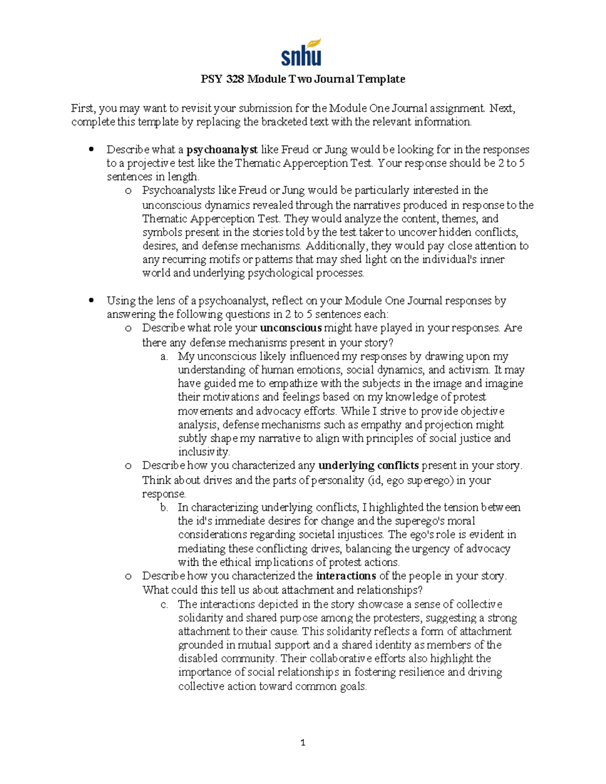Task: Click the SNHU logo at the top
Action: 301,53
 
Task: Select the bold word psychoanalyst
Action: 222,149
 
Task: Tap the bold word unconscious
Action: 290,328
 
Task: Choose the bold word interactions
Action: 345,576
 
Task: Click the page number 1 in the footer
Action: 303,743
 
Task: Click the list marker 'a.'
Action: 164,356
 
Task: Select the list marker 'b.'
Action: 164,507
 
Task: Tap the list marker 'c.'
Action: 164,604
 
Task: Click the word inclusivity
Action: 204,452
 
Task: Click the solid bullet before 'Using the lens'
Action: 91,300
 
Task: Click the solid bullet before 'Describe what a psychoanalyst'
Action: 91,149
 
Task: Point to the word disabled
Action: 197,658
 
